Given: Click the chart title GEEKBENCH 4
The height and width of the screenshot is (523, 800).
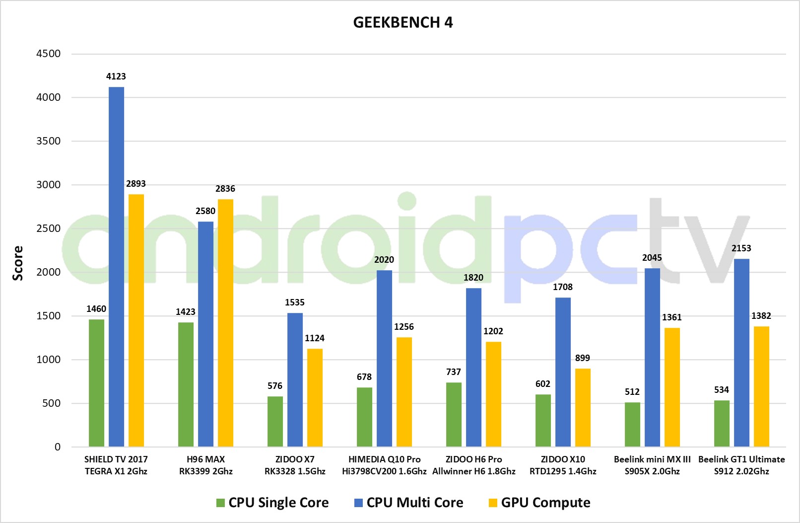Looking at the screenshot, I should pyautogui.click(x=402, y=22).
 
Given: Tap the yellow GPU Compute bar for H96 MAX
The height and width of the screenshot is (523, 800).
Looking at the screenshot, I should pyautogui.click(x=225, y=323).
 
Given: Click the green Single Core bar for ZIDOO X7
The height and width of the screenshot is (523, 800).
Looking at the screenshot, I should pyautogui.click(x=275, y=422).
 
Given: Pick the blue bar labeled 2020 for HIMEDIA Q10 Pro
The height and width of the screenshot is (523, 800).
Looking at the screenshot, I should pyautogui.click(x=384, y=358).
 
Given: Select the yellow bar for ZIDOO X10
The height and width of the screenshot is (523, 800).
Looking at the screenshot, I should pyautogui.click(x=583, y=407).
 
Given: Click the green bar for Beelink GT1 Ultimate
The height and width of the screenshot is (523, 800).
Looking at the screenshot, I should pyautogui.click(x=722, y=423).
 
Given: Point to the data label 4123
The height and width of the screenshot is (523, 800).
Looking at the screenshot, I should pyautogui.click(x=116, y=76).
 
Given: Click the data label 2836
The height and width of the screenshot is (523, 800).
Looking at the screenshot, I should pyautogui.click(x=225, y=189).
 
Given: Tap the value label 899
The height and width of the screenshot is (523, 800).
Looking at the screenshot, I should pyautogui.click(x=583, y=358).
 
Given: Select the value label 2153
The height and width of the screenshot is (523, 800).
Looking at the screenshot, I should pyautogui.click(x=741, y=248).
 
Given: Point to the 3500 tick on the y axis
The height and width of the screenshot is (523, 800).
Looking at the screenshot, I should pyautogui.click(x=49, y=141).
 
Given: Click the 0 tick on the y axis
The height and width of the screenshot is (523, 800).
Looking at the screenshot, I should pyautogui.click(x=58, y=447).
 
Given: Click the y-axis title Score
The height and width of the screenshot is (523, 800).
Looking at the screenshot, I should pyautogui.click(x=18, y=263).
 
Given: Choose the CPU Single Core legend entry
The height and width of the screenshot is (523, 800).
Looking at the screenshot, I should pyautogui.click(x=272, y=503).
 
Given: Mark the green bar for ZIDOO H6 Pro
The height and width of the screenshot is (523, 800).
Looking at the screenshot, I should pyautogui.click(x=454, y=415).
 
